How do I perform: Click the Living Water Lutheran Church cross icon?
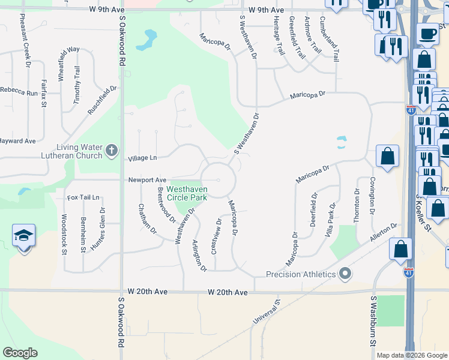pyautogui.click(x=112, y=150)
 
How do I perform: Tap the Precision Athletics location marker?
pyautogui.click(x=345, y=274)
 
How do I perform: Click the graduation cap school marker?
pyautogui.click(x=24, y=237)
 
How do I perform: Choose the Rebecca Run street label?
pyautogui.click(x=19, y=93)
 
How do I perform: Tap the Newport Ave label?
pyautogui.click(x=146, y=180)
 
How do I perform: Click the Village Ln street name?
pyautogui.click(x=142, y=158)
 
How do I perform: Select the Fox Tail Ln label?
pyautogui.click(x=83, y=197)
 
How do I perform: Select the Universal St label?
pyautogui.click(x=266, y=313)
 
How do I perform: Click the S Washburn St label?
pyautogui.click(x=373, y=321)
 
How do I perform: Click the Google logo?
pyautogui.click(x=20, y=353)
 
